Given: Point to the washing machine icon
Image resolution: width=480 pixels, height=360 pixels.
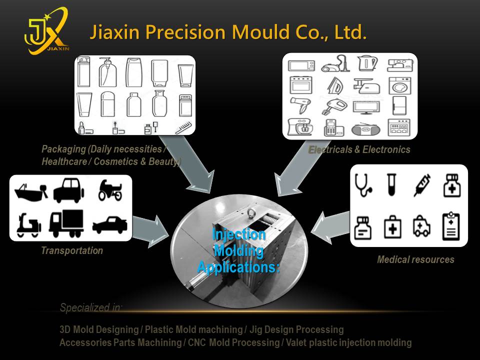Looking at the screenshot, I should click(399, 85).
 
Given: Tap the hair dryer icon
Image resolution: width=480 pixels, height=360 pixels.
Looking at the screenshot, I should click(301, 106).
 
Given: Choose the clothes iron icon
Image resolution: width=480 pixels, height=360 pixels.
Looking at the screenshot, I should click(334, 85).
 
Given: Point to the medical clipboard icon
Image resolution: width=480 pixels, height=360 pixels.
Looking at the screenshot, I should click(451, 226).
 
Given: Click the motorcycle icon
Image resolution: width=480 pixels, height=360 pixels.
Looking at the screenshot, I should click(110, 189).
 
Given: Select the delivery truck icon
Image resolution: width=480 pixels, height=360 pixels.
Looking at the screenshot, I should click(66, 223).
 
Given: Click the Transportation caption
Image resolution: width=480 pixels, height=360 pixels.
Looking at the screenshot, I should click(72, 251).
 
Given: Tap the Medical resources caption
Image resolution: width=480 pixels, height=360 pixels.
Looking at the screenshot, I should click(415, 259).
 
